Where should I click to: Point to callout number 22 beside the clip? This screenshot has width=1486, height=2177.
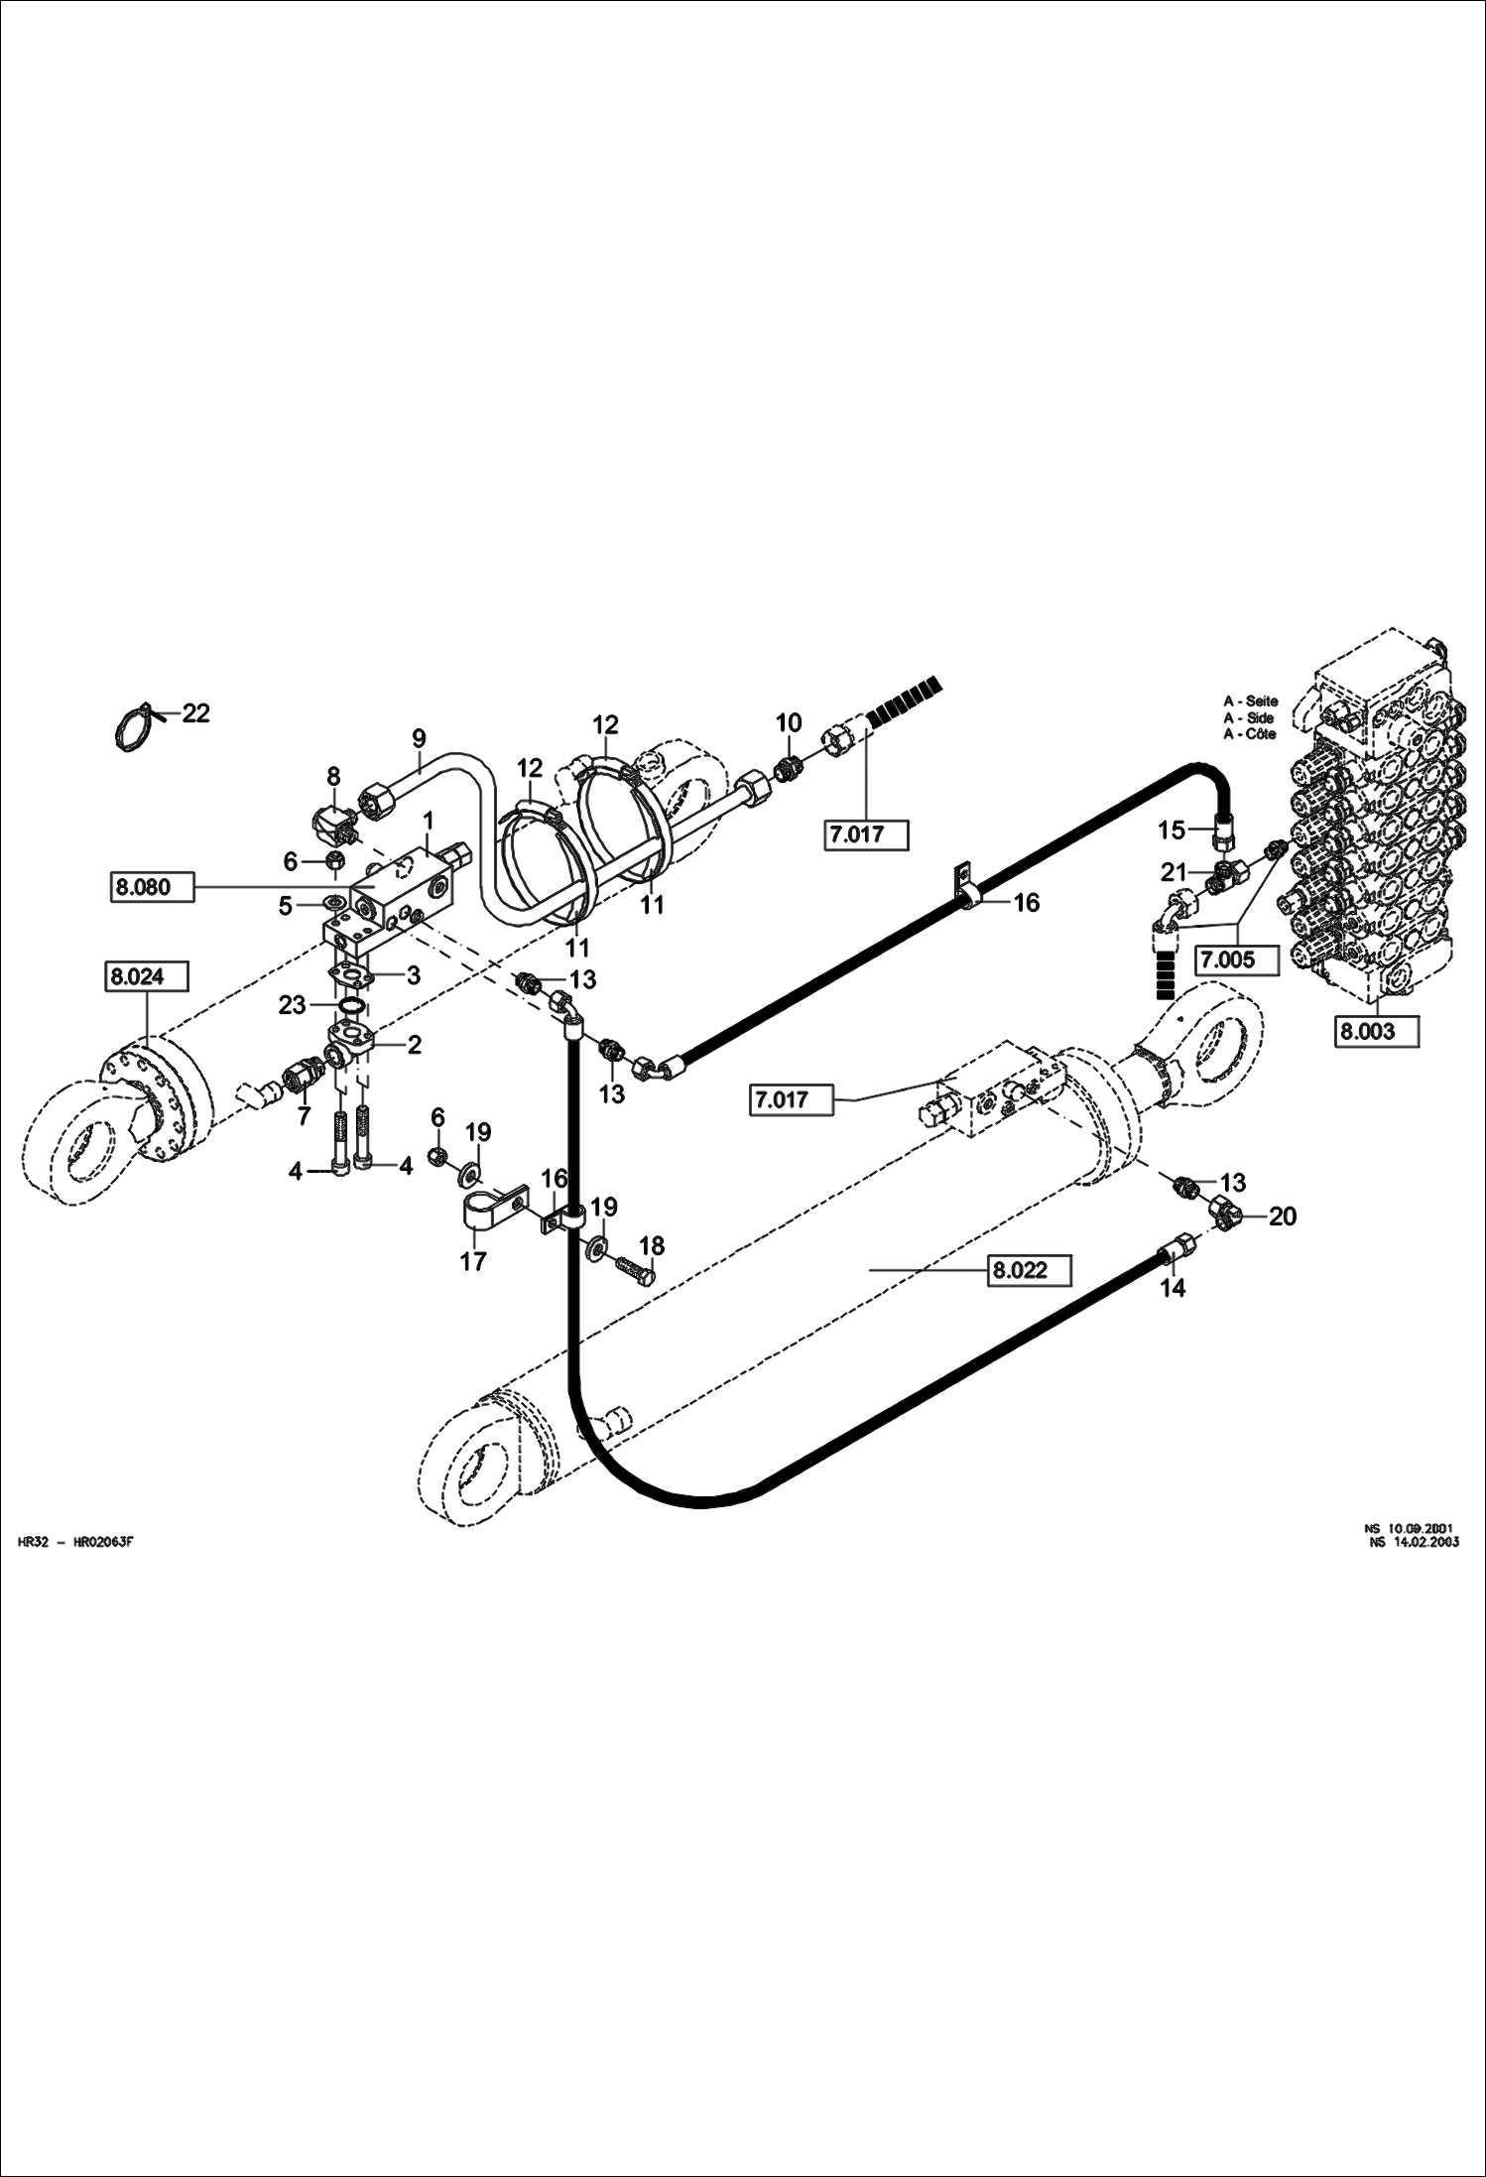[x=195, y=712]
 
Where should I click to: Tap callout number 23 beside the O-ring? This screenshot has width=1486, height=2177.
[x=292, y=1005]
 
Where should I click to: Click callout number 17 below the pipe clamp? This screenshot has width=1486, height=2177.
[x=473, y=1261]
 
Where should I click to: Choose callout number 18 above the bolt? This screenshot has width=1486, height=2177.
[x=652, y=1245]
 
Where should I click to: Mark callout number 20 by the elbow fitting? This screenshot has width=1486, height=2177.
[x=1283, y=1216]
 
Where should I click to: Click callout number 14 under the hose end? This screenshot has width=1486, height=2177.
[x=1173, y=1288]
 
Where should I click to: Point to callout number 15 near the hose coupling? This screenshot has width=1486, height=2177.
[x=1172, y=830]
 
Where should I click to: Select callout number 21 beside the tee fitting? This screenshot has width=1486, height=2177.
[x=1175, y=872]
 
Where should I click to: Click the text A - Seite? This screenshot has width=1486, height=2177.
[x=1250, y=701]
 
